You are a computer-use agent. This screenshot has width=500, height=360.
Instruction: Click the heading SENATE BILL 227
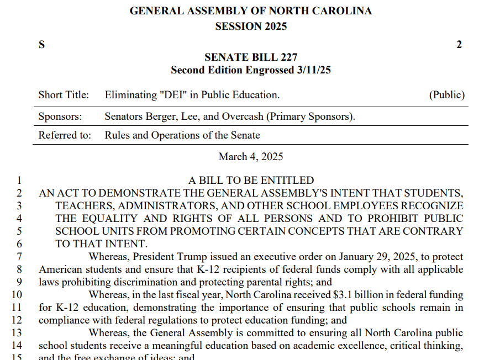tap(251, 57)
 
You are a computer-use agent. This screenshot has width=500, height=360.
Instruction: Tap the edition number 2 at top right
tap(459, 45)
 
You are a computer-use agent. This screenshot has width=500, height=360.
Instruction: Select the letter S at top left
tap(41, 45)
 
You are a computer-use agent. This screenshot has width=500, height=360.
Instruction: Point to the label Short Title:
tap(64, 95)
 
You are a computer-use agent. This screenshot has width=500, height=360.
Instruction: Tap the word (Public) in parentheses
tap(447, 95)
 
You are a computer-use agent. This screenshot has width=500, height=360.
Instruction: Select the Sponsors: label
tap(60, 117)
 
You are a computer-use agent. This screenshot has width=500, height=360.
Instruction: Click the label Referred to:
tap(65, 135)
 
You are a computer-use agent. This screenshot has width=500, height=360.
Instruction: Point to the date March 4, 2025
tap(251, 157)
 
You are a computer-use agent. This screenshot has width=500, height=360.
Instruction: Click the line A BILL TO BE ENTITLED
tap(251, 181)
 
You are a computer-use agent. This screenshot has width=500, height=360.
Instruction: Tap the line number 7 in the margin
tap(19, 257)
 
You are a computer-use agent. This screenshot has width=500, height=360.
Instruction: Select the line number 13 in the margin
tap(17, 333)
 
